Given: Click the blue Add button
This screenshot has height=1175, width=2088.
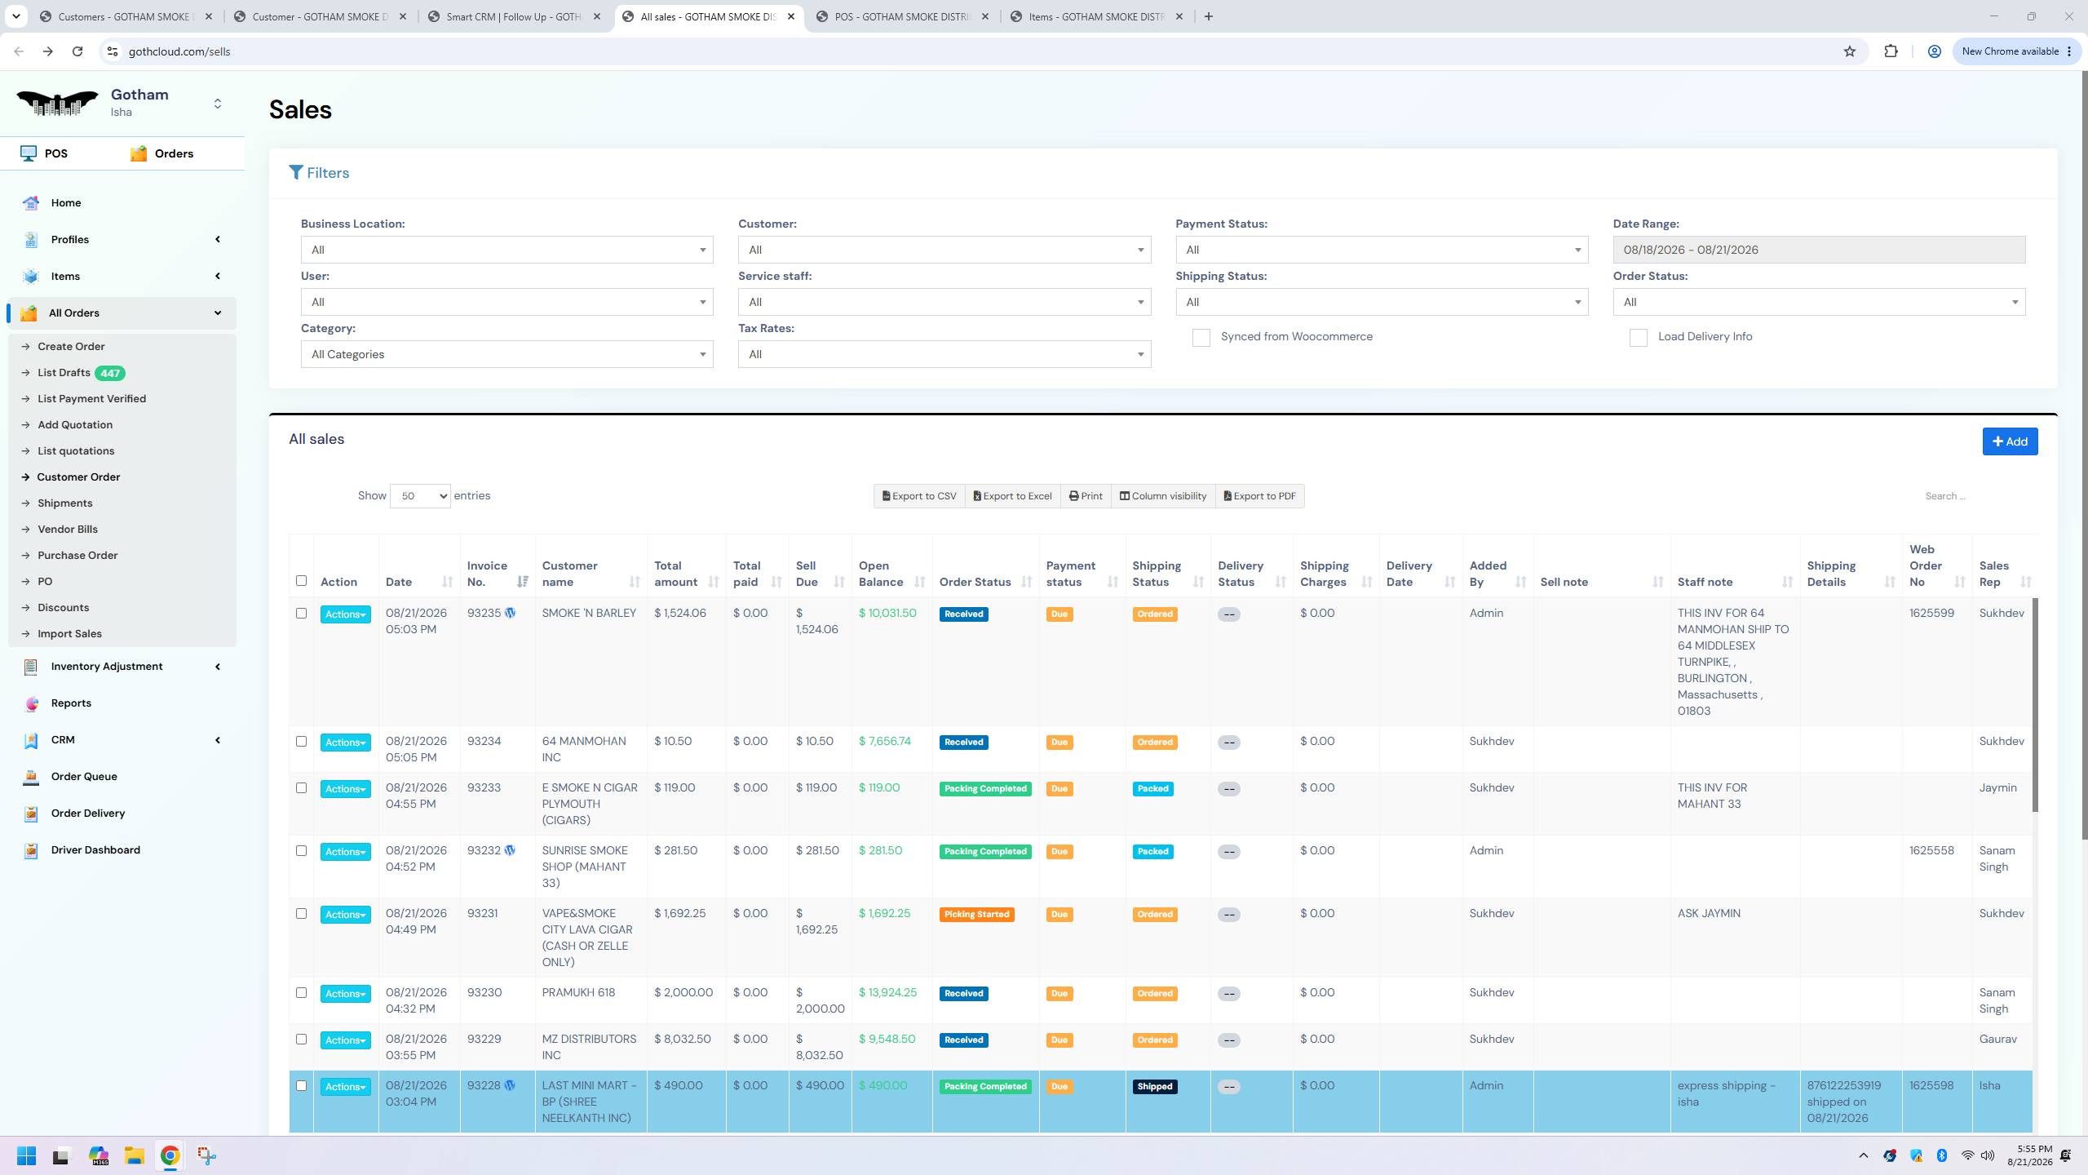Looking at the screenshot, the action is click(2010, 441).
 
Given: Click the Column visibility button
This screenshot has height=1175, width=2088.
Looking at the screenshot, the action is click(1163, 496).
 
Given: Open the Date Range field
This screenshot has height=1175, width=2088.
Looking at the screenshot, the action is click(1819, 250).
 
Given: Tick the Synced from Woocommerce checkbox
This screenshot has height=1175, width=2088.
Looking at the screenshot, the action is click(1201, 338).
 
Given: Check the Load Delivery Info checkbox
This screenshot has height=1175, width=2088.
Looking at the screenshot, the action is click(1638, 338).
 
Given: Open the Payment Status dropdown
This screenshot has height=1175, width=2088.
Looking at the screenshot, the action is click(1382, 250).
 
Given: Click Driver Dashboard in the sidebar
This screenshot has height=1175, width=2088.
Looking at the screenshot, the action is click(95, 849).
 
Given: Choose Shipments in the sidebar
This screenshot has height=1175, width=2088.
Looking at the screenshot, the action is click(65, 503).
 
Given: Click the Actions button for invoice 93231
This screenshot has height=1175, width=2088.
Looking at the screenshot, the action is click(345, 915).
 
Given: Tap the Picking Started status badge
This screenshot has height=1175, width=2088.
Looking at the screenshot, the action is click(976, 915).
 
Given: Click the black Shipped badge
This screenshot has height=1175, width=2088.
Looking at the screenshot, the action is click(1154, 1087).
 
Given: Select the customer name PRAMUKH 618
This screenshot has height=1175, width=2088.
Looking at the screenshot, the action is click(579, 992).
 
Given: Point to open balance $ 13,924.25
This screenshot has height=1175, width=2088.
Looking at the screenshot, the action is click(887, 992).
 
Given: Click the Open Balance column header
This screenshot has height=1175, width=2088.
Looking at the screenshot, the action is click(881, 574).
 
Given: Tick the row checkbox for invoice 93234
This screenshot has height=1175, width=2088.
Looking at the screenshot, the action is click(301, 742).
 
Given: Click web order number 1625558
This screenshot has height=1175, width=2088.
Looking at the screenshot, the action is click(1931, 850).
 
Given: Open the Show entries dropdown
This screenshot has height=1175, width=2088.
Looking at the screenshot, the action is click(420, 496).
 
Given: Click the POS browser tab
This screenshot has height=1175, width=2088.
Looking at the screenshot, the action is click(903, 16).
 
